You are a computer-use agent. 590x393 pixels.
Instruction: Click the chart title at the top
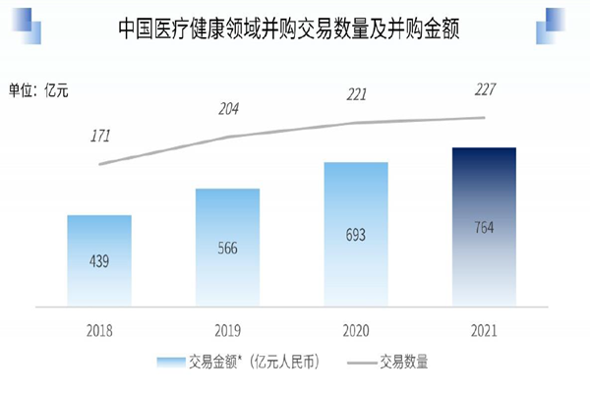295,30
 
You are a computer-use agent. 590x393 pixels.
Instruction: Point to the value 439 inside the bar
99,261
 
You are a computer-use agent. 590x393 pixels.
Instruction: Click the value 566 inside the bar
227,248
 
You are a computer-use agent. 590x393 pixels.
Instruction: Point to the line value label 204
229,109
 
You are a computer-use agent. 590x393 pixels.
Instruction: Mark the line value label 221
357,95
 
